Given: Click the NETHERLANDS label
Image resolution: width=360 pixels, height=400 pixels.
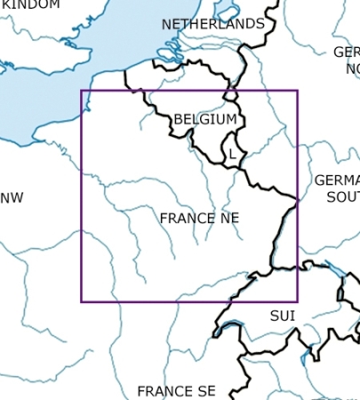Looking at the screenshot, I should pyautogui.click(x=212, y=24).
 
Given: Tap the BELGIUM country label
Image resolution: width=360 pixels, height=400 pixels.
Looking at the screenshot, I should pyautogui.click(x=205, y=119).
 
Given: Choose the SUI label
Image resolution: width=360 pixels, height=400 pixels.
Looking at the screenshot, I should pyautogui.click(x=282, y=316).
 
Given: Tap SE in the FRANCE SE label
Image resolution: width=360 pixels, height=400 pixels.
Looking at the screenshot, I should pyautogui.click(x=206, y=391).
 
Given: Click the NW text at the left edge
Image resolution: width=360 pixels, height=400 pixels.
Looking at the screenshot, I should pyautogui.click(x=12, y=197).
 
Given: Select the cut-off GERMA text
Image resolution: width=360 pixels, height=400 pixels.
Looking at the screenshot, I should pyautogui.click(x=337, y=180).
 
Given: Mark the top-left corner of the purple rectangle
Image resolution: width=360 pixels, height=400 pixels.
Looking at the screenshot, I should pyautogui.click(x=82, y=91).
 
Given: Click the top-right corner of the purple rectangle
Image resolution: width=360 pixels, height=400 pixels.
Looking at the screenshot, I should pyautogui.click(x=298, y=91).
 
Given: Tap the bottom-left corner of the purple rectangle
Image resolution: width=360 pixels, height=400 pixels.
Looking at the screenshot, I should pyautogui.click(x=82, y=301).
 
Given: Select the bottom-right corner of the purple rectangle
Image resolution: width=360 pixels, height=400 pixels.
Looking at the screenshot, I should pyautogui.click(x=298, y=301).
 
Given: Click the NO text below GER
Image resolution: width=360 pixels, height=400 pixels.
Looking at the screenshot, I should pyautogui.click(x=352, y=68).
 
